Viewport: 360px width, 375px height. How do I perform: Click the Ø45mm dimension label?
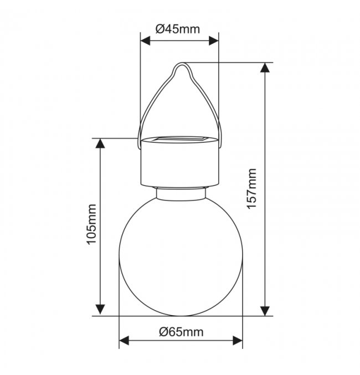tap(177, 29)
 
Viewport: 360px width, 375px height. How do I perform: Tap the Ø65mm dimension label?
tap(181, 332)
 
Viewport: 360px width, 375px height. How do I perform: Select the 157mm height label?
tap(252, 189)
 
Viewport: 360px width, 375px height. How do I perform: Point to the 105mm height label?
tap(91, 224)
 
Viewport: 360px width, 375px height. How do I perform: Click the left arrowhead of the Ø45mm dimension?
tap(145, 41)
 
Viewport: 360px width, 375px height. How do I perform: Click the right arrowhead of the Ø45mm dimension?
tap(214, 41)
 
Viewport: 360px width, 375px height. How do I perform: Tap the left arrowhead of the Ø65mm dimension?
tap(124, 341)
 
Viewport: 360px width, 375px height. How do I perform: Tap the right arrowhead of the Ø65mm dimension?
tap(238, 341)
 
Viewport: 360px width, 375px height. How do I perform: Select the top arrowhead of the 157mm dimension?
tap(265, 68)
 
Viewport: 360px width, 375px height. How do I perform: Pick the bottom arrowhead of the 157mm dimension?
tap(265, 311)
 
